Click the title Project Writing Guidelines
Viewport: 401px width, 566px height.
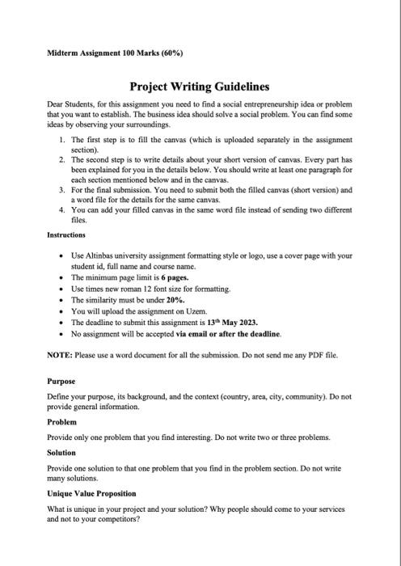click(200, 87)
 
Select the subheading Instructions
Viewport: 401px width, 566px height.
click(70, 235)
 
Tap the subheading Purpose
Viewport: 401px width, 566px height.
click(61, 381)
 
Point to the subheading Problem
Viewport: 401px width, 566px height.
click(61, 421)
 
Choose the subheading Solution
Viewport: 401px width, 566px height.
click(62, 453)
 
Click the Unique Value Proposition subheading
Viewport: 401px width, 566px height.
click(91, 493)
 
